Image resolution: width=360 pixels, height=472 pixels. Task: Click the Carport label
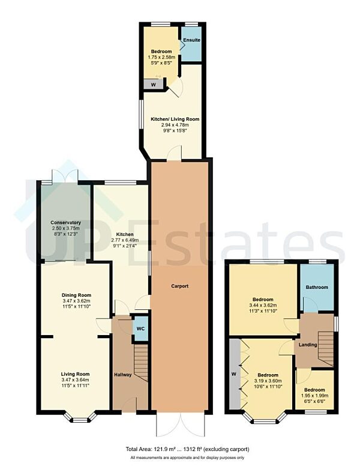179,286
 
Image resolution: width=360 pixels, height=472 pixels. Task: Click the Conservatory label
65,223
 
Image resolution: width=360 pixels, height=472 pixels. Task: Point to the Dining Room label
76,295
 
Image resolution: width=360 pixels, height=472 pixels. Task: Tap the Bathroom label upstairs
317,288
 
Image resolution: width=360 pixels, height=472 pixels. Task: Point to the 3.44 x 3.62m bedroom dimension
263,305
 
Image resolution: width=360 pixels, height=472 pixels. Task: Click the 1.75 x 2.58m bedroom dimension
160,58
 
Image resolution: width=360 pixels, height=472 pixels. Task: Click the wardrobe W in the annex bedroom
153,85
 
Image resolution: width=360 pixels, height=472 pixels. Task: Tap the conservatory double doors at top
65,175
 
